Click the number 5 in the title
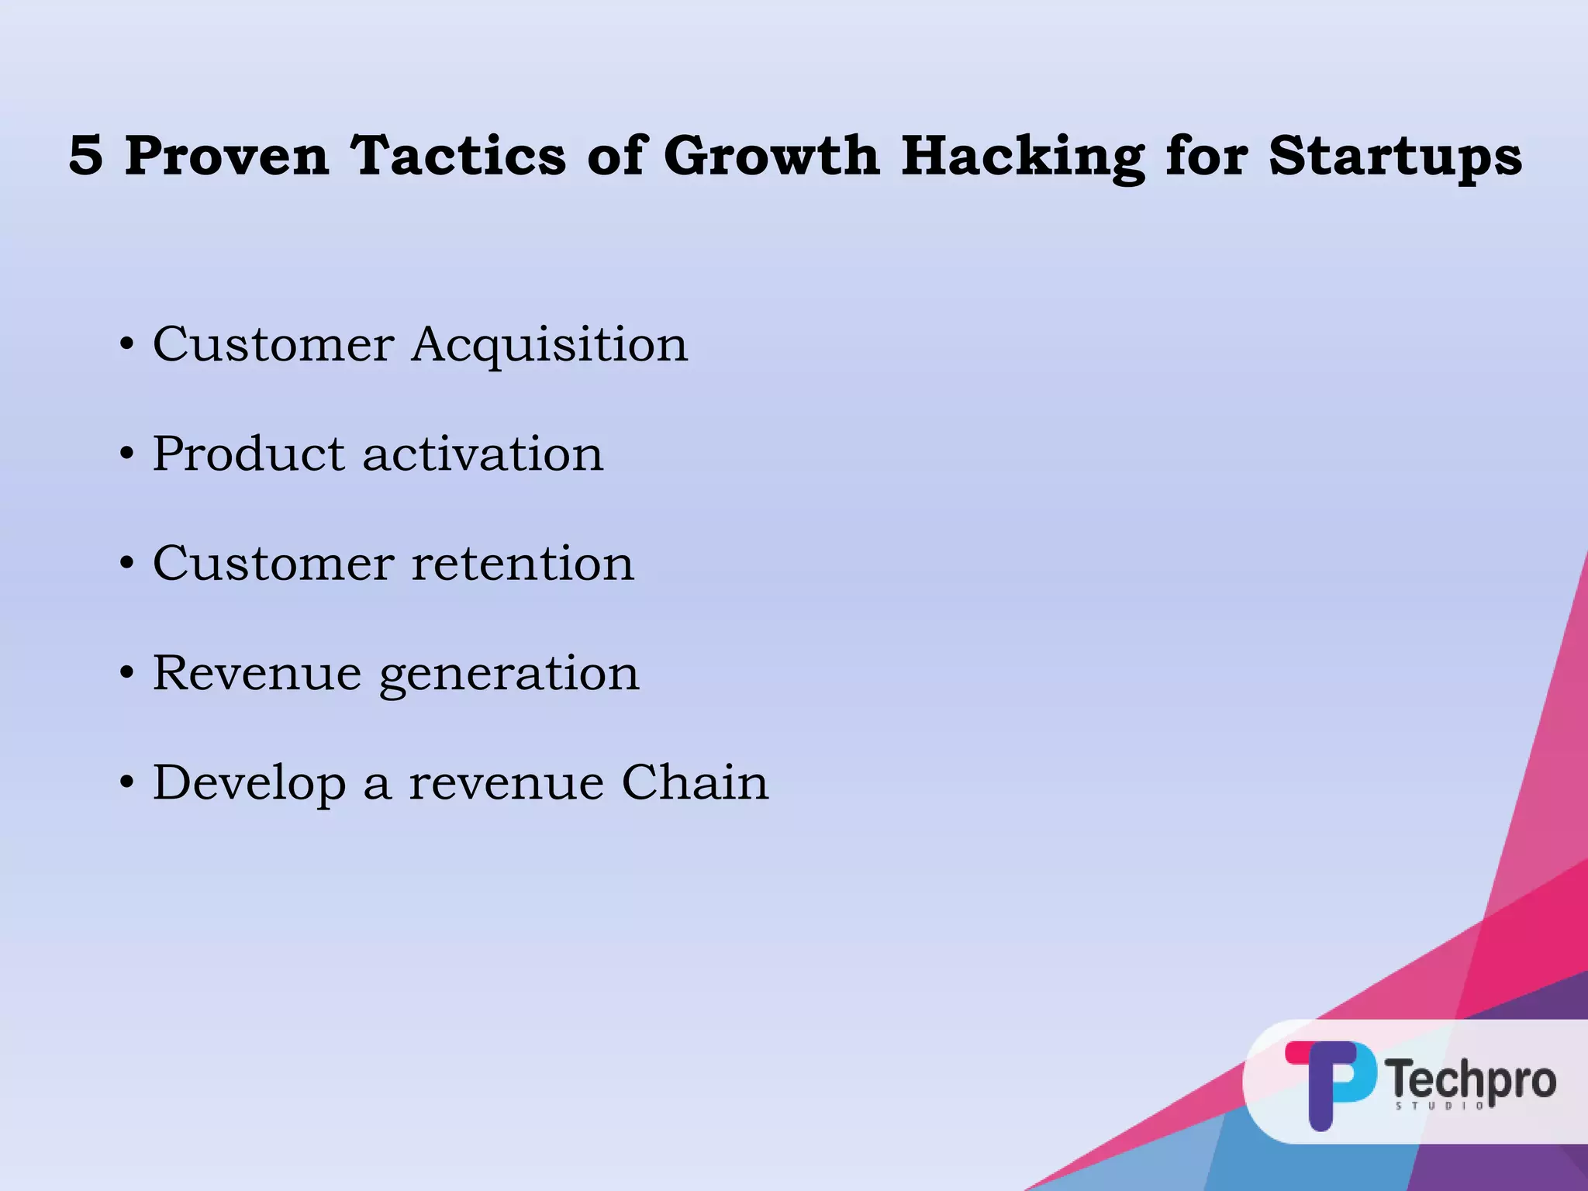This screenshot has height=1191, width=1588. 86,155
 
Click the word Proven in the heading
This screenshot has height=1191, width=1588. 227,155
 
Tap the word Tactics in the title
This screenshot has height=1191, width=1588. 458,155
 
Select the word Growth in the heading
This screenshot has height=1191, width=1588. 772,155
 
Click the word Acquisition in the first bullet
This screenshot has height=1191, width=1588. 549,344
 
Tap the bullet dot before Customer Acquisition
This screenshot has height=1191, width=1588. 127,345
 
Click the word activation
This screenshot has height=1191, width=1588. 482,454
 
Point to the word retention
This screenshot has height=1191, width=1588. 523,564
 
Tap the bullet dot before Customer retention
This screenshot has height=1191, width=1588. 127,564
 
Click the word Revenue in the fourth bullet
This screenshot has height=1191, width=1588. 257,672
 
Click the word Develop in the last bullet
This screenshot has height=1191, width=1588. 249,784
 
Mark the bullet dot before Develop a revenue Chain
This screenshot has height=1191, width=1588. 127,783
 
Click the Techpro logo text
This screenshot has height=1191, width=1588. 1471,1079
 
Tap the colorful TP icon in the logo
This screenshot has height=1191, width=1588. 1330,1082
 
